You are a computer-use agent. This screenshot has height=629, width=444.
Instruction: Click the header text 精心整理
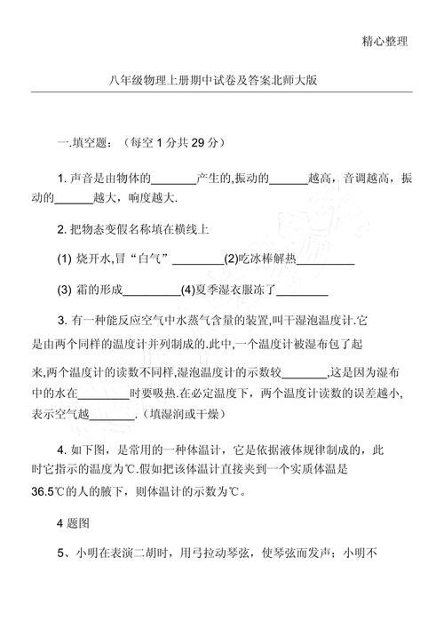[385, 42]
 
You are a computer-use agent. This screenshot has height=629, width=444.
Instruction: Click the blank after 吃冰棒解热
[325, 259]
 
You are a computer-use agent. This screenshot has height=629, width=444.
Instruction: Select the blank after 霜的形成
[153, 290]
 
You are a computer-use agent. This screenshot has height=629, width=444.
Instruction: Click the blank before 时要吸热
[104, 392]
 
